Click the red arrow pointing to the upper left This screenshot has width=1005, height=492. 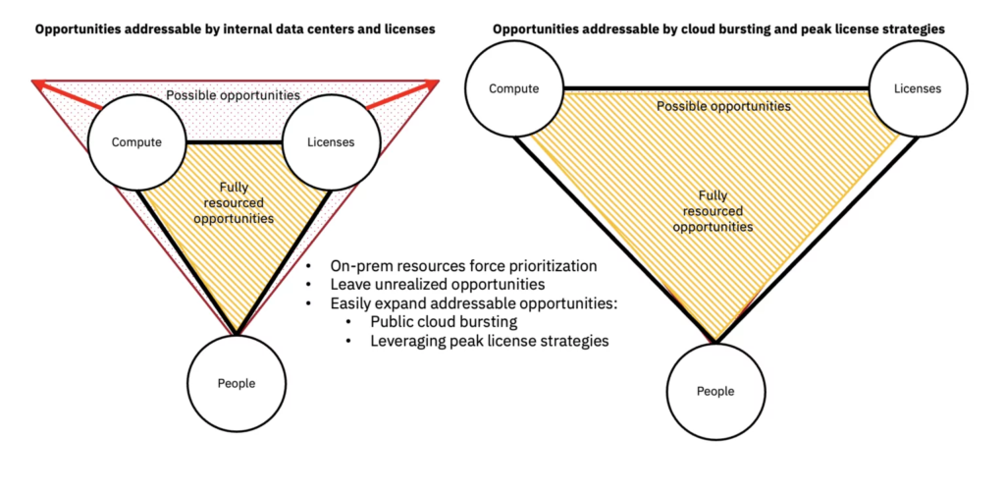[68, 93]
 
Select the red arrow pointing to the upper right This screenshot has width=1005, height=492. [403, 94]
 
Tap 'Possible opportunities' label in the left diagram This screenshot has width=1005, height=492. [234, 95]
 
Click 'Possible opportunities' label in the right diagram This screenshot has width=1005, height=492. [723, 106]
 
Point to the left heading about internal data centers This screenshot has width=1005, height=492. [236, 30]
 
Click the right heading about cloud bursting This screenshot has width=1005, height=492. [718, 29]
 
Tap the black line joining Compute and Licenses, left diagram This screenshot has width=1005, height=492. [234, 141]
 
